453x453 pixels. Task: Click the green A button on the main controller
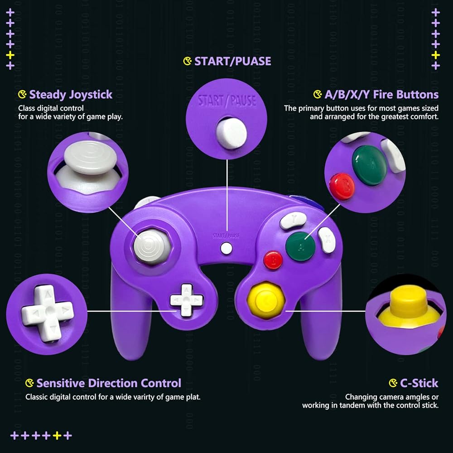pyautogui.click(x=300, y=246)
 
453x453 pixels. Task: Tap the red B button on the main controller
pyautogui.click(x=273, y=260)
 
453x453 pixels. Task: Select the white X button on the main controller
pyautogui.click(x=326, y=240)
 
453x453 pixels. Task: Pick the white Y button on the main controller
pyautogui.click(x=289, y=220)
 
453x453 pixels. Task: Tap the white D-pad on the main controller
pyautogui.click(x=187, y=300)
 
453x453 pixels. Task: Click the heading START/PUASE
pyautogui.click(x=232, y=61)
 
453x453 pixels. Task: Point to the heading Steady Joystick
pyautogui.click(x=71, y=95)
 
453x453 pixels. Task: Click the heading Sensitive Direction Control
pyautogui.click(x=109, y=383)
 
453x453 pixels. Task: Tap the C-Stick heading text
pyautogui.click(x=419, y=383)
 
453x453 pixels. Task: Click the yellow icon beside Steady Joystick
pyautogui.click(x=22, y=95)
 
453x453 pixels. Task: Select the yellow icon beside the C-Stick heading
pyautogui.click(x=393, y=383)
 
